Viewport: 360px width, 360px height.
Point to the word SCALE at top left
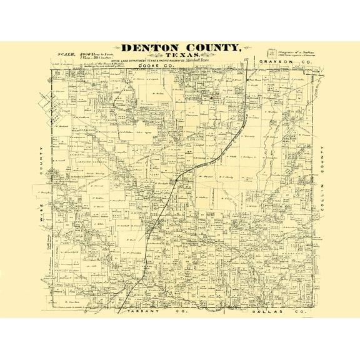tap(66, 54)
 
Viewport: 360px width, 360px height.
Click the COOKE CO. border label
tap(152, 65)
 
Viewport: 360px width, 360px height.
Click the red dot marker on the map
tap(212, 98)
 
